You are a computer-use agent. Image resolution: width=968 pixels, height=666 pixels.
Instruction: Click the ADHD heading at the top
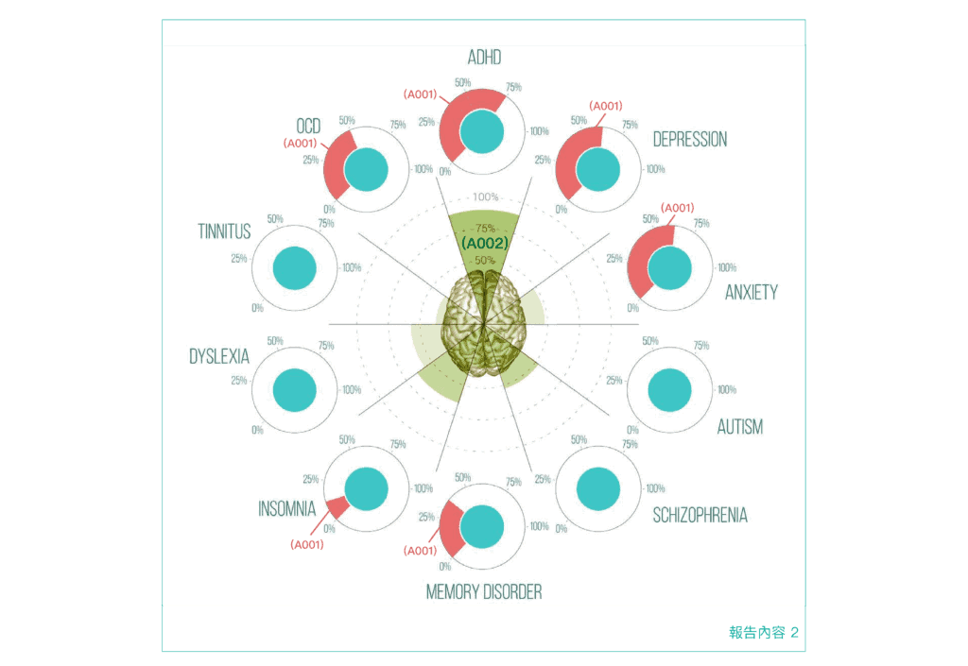(x=484, y=59)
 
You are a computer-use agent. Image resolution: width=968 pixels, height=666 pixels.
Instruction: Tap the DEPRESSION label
(x=690, y=140)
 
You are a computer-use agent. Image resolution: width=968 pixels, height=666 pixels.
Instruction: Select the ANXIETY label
(x=751, y=293)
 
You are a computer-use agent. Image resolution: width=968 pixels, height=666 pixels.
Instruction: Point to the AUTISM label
(x=739, y=427)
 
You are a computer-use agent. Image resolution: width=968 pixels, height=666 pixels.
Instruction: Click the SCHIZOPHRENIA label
(x=700, y=516)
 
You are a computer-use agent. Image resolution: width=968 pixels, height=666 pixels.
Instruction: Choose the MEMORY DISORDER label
(x=484, y=592)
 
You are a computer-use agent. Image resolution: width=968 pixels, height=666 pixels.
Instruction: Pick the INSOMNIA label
(x=286, y=509)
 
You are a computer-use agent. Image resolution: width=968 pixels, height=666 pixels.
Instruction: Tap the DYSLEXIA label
(x=219, y=357)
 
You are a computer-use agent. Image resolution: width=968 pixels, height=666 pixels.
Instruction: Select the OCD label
(x=308, y=127)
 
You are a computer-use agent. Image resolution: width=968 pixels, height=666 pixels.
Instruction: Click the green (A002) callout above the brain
(x=485, y=243)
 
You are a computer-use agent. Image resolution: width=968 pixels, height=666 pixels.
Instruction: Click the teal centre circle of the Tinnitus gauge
(x=294, y=267)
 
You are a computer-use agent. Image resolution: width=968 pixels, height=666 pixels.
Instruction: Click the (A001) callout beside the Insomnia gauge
(x=306, y=544)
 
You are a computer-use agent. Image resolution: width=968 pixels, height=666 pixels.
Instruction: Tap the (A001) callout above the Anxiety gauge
(x=677, y=208)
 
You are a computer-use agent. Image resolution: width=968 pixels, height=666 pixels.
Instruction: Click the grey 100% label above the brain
(x=485, y=196)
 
